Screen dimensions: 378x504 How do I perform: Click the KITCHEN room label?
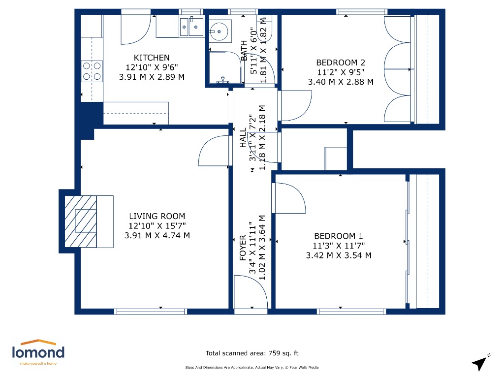coord(152,58)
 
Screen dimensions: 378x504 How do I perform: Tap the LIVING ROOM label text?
coord(157,216)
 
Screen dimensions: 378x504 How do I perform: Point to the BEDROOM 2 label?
coord(341,63)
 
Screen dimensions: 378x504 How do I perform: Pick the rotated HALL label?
coord(243,139)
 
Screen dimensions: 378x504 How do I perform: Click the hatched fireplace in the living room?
coord(81,221)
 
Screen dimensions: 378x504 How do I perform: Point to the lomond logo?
coord(38,351)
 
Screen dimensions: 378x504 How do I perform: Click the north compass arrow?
coord(480,363)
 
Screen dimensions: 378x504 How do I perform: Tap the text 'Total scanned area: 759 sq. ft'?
coord(252,353)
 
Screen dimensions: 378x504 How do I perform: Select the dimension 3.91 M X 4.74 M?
coord(157,235)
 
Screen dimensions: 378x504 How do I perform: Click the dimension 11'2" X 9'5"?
coord(341,72)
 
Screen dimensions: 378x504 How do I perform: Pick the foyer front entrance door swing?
coord(250,292)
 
